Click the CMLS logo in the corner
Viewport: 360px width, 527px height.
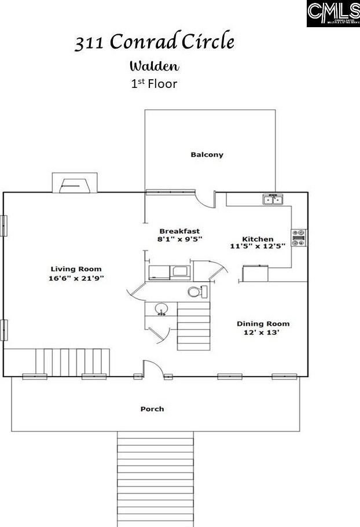click(x=333, y=13)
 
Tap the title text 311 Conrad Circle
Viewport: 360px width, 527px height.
click(x=154, y=43)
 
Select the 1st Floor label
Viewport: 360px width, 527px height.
click(x=153, y=83)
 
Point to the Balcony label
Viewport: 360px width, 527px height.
click(x=207, y=154)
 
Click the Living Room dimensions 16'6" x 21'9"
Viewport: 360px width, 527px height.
click(x=76, y=278)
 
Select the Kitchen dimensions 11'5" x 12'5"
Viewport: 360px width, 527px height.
click(x=258, y=246)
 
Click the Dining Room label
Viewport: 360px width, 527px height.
click(x=263, y=324)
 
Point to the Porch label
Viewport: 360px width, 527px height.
click(x=152, y=409)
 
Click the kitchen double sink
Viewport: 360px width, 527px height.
click(x=273, y=200)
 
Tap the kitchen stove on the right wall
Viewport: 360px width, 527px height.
click(x=299, y=237)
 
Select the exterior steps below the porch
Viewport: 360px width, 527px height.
click(x=155, y=478)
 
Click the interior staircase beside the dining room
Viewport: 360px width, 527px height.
click(x=193, y=327)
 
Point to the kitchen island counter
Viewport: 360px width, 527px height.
click(x=255, y=274)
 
